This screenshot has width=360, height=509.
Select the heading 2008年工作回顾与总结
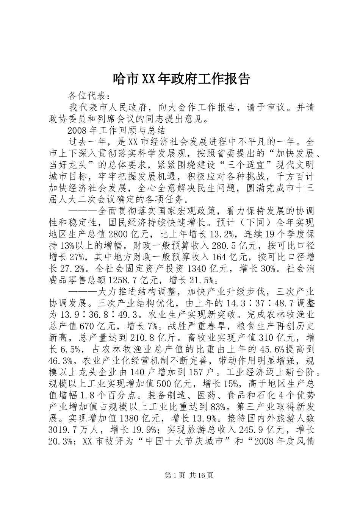116,131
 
